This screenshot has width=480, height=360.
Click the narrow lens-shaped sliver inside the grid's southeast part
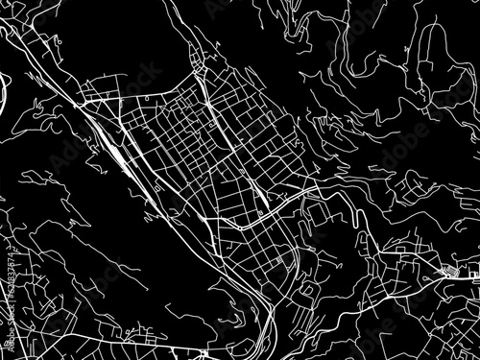pyautogui.click(x=261, y=198)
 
